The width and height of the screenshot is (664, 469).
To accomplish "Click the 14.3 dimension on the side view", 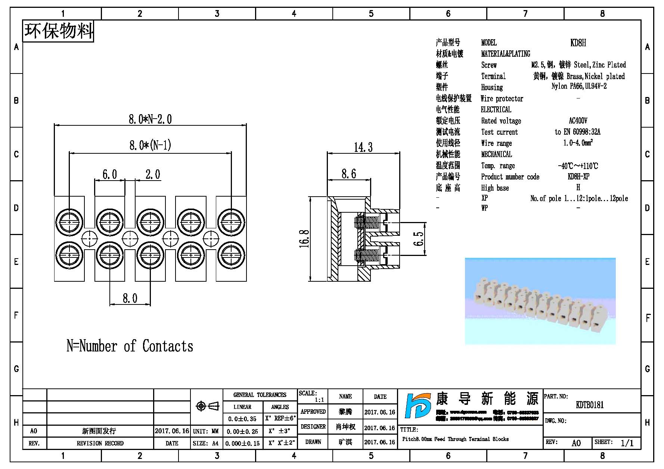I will tap(363, 147).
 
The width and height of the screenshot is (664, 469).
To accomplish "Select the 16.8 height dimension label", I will tap(305, 239).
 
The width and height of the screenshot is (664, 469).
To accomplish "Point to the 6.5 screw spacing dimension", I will tap(419, 239).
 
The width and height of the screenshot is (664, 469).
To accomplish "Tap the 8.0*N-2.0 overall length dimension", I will tap(150, 119).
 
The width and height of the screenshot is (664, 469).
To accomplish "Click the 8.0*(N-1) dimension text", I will tap(150, 145).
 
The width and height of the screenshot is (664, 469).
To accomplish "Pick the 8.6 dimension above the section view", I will tap(349, 174).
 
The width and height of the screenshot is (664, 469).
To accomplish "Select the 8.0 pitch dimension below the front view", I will tap(130, 298).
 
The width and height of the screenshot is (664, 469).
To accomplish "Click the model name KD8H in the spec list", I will tap(578, 43).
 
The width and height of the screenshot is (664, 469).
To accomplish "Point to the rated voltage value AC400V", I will tap(578, 121).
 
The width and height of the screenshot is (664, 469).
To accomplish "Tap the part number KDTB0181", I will tap(590, 405).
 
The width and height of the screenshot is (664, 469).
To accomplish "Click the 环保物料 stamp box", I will tap(59, 31).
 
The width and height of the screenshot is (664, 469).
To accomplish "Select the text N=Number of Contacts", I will tap(130, 346).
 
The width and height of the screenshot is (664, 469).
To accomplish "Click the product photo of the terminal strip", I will tap(540, 301).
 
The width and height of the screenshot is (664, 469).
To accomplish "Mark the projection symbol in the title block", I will tap(208, 406).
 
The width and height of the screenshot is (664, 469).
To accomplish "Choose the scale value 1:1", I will tap(319, 400).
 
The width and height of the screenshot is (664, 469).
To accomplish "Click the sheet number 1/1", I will tap(627, 443).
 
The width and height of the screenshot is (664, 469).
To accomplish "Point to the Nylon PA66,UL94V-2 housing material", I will tap(579, 86).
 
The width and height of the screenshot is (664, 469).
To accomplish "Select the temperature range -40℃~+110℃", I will tap(578, 166).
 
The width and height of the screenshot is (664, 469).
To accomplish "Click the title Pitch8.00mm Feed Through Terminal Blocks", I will tap(455, 439).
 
